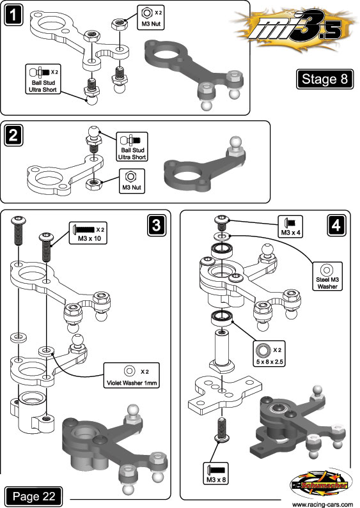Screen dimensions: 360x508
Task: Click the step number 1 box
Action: click(13, 16)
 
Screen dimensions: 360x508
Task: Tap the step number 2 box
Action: click(13, 135)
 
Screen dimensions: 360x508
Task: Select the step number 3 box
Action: click(156, 225)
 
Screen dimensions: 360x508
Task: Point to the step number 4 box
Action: click(336, 225)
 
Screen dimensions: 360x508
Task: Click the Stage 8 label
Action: click(325, 79)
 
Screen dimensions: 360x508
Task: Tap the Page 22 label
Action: click(34, 496)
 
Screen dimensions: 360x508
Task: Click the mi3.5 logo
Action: click(295, 30)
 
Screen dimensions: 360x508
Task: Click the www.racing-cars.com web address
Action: click(322, 504)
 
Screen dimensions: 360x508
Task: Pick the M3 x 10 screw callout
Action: click(88, 233)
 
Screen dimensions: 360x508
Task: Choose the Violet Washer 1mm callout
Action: click(132, 375)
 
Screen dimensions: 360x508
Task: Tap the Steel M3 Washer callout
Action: click(327, 276)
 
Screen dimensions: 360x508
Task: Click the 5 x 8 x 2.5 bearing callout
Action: click(269, 354)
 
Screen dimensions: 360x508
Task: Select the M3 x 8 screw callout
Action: click(216, 473)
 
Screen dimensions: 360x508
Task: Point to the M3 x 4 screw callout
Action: click(290, 226)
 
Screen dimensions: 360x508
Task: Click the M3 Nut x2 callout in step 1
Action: click(151, 17)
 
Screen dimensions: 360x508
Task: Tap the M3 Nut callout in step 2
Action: click(132, 181)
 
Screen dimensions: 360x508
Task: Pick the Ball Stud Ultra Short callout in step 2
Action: click(132, 147)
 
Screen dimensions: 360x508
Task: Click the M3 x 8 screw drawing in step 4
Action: click(222, 429)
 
